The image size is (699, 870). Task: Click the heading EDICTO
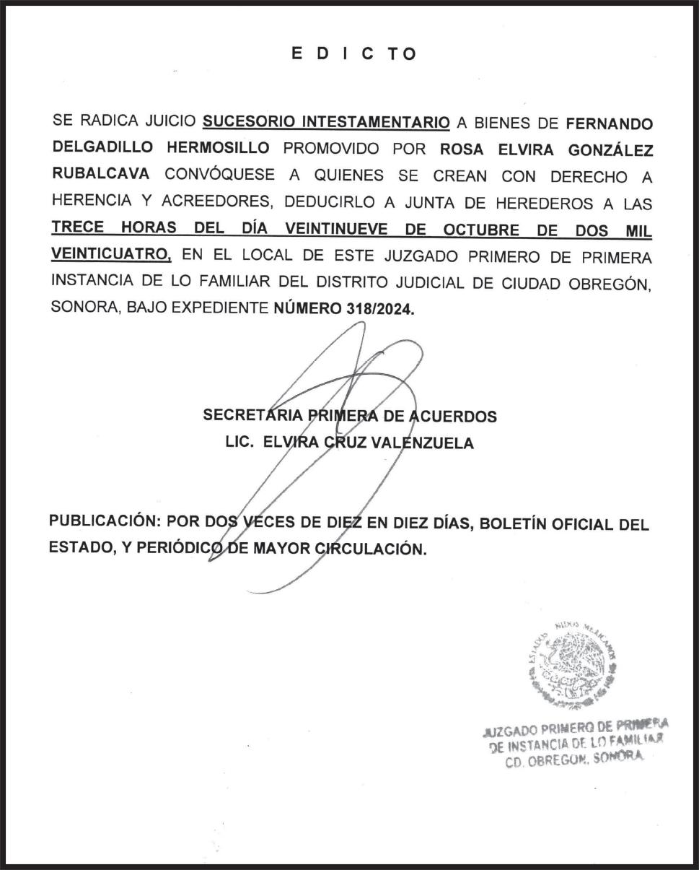tap(354, 53)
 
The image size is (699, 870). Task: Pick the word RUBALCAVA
tap(102, 174)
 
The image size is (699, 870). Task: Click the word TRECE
tap(78, 229)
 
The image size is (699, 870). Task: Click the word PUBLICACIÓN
tap(102, 522)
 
